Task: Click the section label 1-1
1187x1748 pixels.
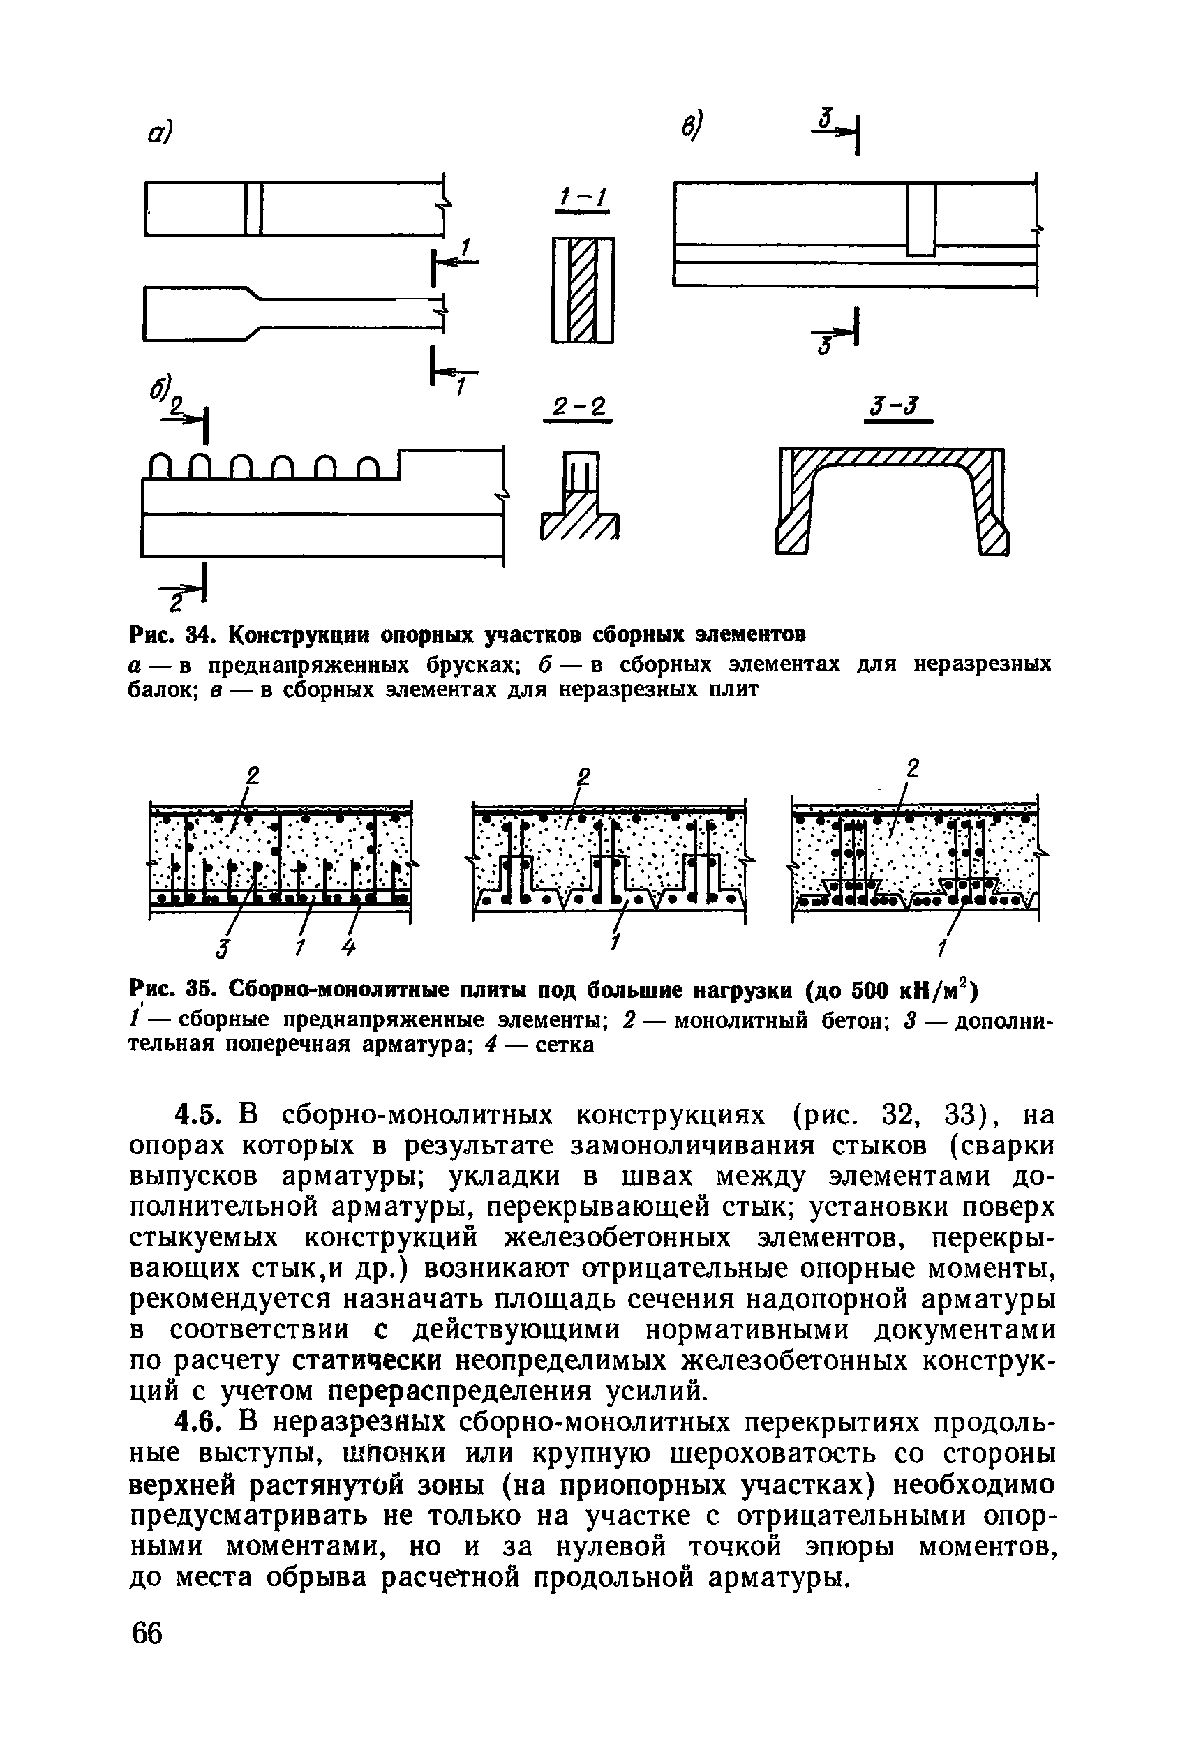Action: [581, 200]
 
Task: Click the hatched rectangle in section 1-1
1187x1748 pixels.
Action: [583, 290]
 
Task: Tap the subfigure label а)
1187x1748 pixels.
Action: [158, 133]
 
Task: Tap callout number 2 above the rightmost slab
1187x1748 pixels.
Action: [913, 768]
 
